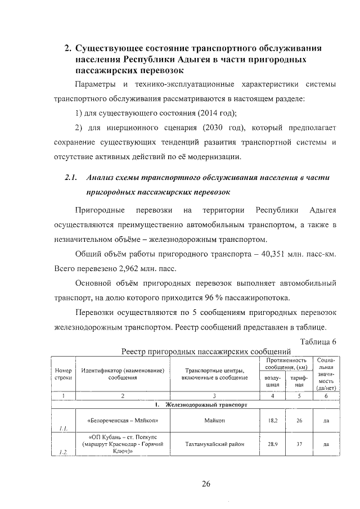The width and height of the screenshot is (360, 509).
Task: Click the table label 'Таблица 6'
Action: click(x=318, y=341)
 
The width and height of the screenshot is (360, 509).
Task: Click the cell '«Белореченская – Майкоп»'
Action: click(x=123, y=420)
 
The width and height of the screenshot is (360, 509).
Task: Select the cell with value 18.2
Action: click(x=272, y=420)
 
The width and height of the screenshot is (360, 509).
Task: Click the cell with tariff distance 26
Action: click(x=299, y=420)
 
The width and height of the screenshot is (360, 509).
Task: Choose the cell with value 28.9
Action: click(x=272, y=444)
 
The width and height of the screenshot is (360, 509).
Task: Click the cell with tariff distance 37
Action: click(x=299, y=444)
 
